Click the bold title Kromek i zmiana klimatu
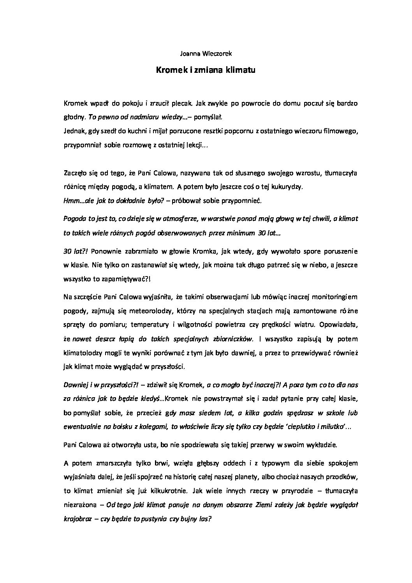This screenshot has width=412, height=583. click(x=206, y=70)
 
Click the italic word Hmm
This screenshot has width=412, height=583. click(x=70, y=201)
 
